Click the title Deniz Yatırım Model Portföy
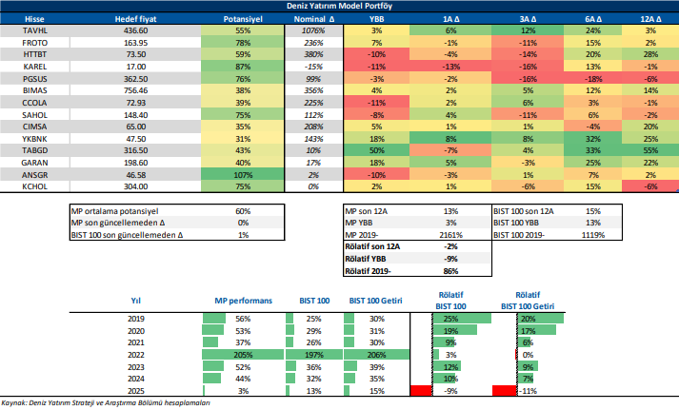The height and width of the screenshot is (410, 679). [339, 6]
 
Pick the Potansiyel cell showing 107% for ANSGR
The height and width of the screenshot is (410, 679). [242, 176]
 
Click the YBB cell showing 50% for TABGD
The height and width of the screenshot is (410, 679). [377, 150]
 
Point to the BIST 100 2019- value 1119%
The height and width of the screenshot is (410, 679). [594, 234]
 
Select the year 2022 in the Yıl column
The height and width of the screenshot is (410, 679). [136, 355]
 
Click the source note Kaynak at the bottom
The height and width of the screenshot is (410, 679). [106, 403]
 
